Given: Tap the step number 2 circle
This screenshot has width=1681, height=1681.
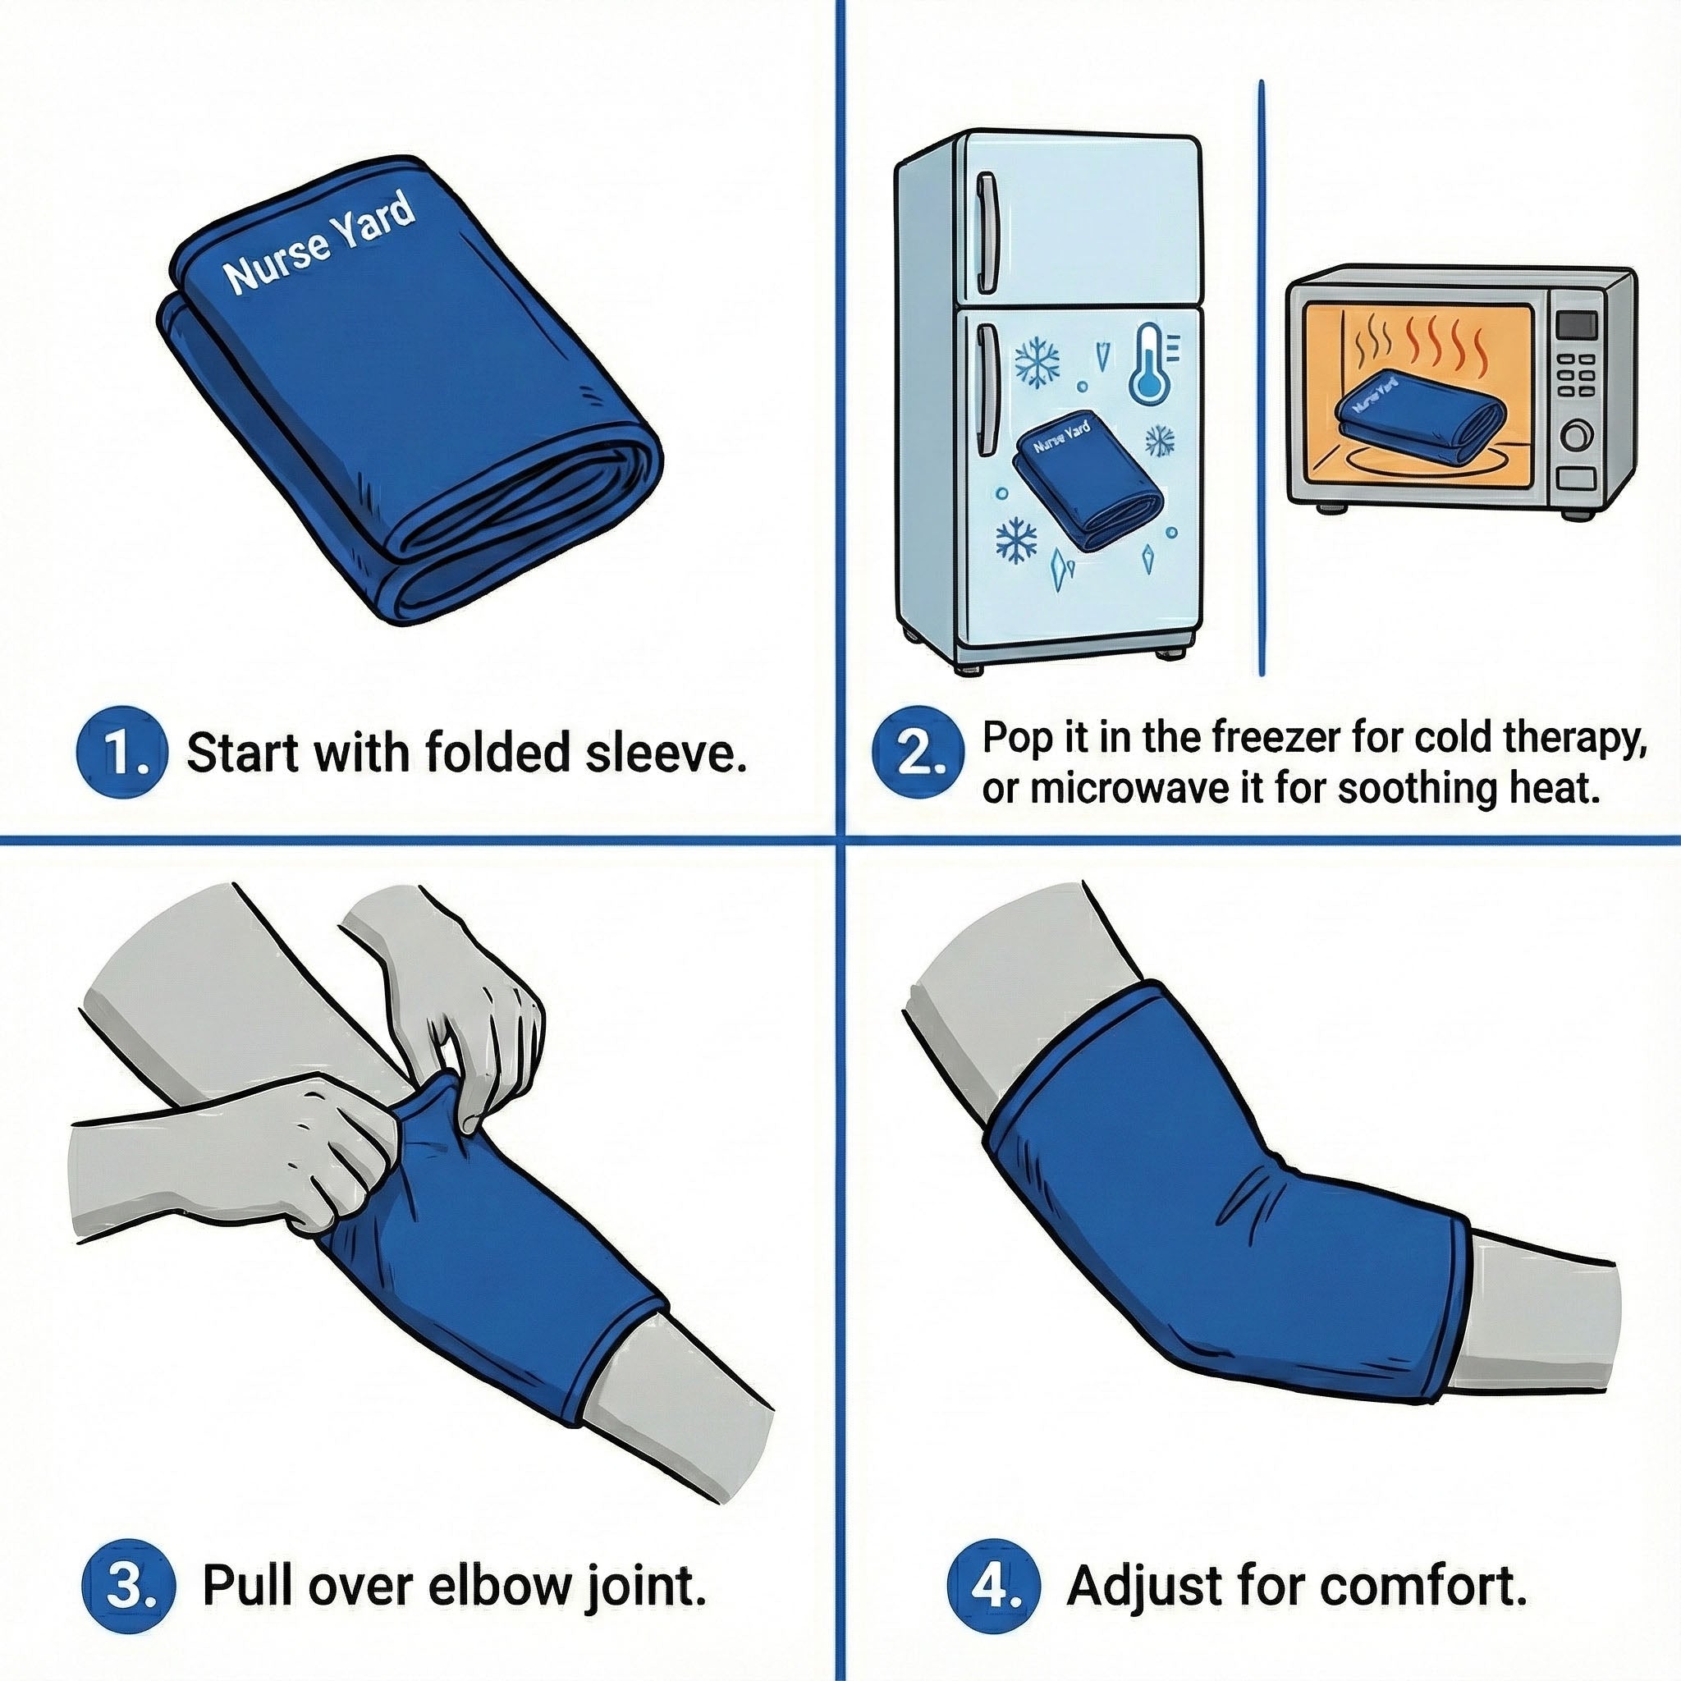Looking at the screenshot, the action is (918, 753).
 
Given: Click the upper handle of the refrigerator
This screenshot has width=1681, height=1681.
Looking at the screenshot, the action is (986, 232).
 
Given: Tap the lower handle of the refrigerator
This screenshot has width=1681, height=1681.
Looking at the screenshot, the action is (986, 390).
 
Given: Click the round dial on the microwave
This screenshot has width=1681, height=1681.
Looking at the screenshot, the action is (1578, 434).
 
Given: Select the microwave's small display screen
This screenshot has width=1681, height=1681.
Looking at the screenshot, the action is (1577, 325).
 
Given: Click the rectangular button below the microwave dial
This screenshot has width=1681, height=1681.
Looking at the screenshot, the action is (1577, 477).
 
